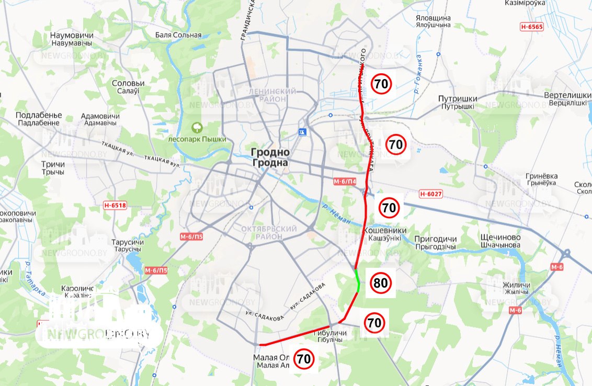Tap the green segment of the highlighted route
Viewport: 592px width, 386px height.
click(x=358, y=281)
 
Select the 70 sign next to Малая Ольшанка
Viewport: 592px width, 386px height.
click(x=304, y=359)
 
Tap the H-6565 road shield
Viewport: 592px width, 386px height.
click(x=532, y=27)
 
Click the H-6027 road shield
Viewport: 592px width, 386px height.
click(x=431, y=194)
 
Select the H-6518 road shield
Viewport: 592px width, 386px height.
click(x=115, y=206)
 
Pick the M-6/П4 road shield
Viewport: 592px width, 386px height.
click(x=345, y=181)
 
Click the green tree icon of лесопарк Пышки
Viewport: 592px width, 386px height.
click(x=197, y=127)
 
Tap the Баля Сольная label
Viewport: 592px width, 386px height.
click(x=178, y=35)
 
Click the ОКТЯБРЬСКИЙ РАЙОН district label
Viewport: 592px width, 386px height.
click(x=269, y=233)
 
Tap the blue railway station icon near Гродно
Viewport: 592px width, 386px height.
click(x=302, y=132)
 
